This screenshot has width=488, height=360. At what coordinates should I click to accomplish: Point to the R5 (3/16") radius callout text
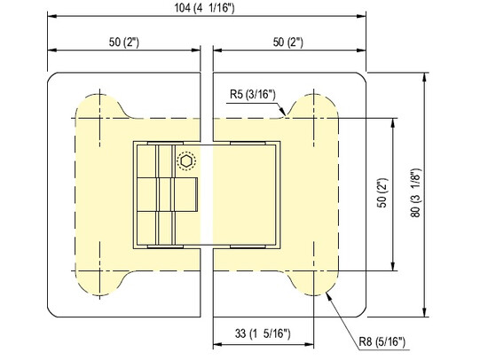pos(253,93)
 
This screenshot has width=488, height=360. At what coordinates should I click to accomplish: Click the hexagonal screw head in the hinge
pos(185,162)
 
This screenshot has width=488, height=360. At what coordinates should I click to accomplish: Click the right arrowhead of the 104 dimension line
pos(368,17)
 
